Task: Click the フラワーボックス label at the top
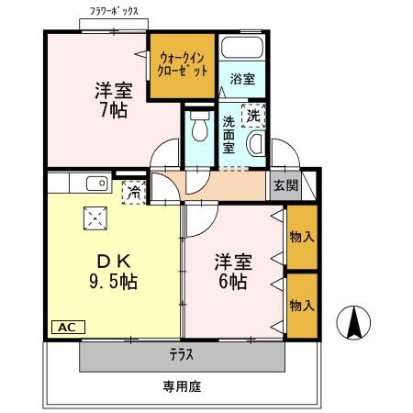115,11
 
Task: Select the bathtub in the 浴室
242,50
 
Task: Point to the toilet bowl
196,132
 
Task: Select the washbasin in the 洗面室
257,143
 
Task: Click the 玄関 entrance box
285,184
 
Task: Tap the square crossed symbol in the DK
95,218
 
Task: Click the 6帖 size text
232,282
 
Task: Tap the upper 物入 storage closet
302,237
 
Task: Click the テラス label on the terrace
180,353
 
